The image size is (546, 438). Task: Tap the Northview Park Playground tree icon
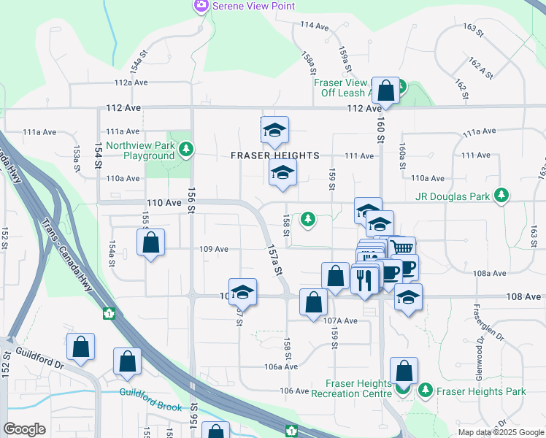(188, 150)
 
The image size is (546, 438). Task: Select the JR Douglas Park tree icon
(501, 195)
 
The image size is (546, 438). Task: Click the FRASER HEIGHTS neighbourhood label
(275, 155)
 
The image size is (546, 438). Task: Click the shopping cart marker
(401, 248)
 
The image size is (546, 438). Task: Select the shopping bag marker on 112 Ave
(386, 91)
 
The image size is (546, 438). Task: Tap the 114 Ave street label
(315, 26)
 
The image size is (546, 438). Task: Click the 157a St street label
(274, 259)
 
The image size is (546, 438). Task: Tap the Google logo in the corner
(24, 429)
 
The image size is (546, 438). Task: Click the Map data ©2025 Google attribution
(501, 432)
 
